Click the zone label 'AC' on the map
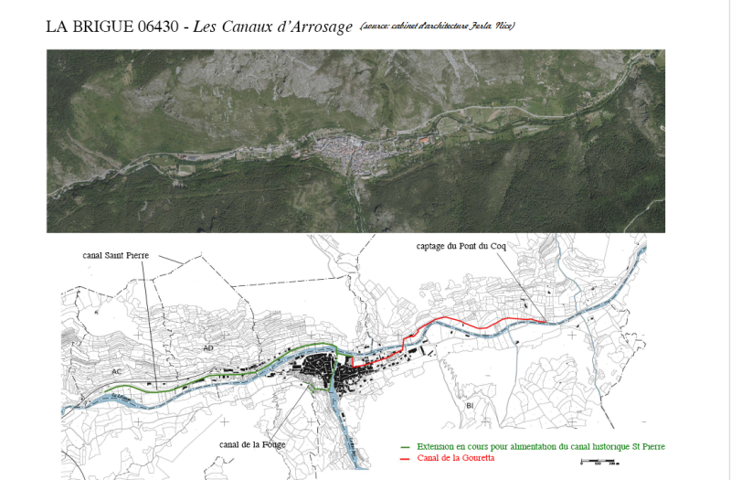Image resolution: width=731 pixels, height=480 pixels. coord(116,372)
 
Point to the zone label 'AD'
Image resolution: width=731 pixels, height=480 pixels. coord(209,348)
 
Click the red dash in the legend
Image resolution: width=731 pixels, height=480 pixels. coord(406,457)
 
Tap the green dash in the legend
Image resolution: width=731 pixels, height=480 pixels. coord(406,446)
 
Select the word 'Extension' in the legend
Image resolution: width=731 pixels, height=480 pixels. coord(434,446)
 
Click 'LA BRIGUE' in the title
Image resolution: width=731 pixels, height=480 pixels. coord(88,27)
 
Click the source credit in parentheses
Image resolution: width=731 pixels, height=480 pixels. coord(437,26)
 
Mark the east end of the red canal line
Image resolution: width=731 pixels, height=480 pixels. coord(546,322)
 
